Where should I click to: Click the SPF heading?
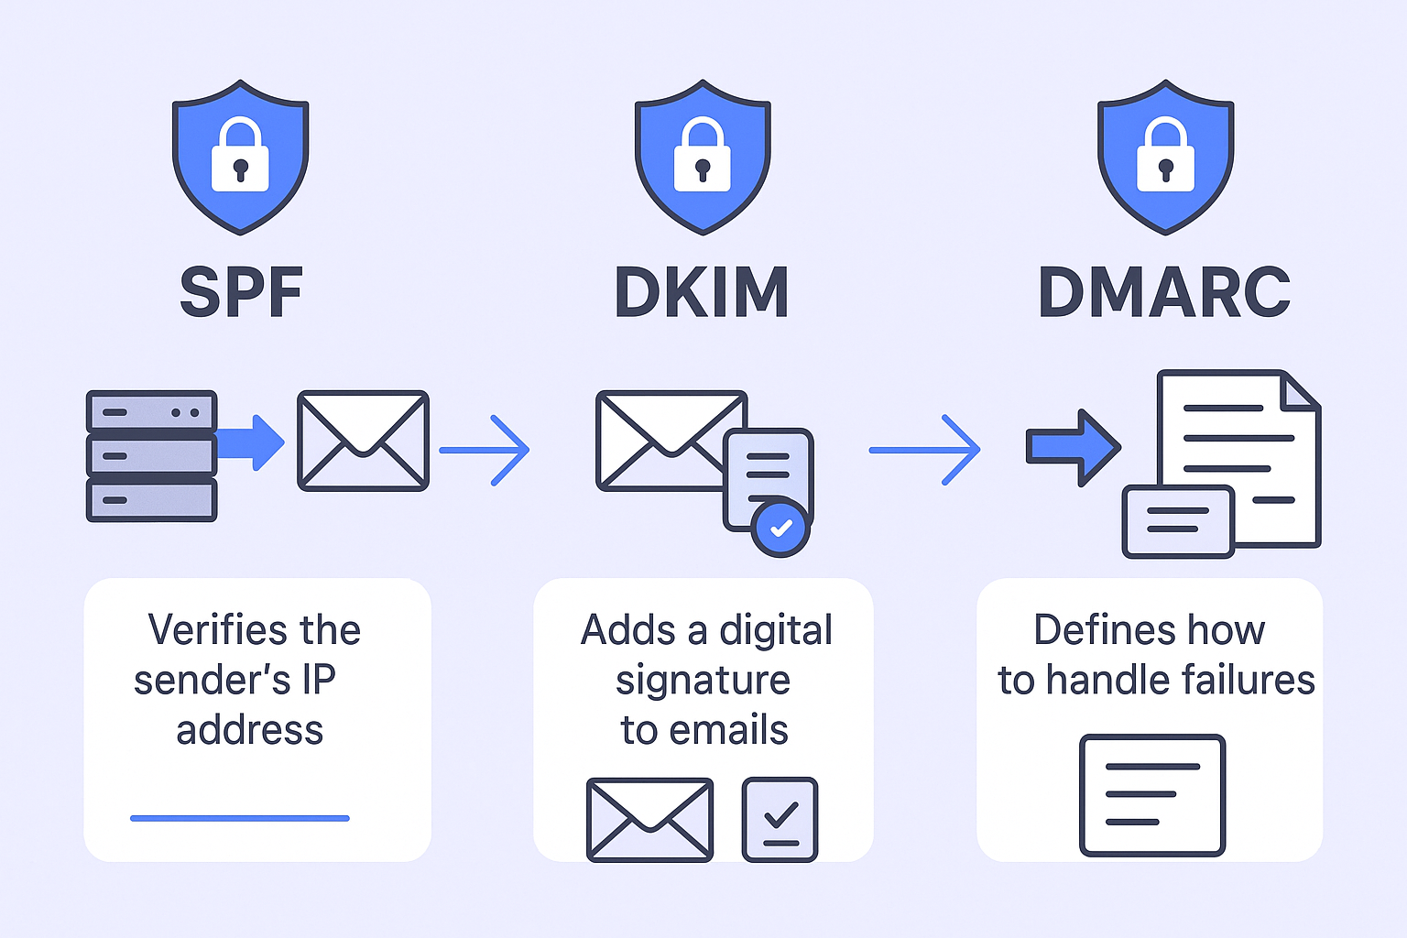point(241,293)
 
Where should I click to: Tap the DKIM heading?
point(702,293)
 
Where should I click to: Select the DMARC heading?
point(1164,293)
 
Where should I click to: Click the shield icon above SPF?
point(241,156)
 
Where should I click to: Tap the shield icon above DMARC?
point(1165,156)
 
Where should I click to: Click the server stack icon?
point(151,455)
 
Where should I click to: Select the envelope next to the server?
point(363,441)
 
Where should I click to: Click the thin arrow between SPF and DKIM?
point(484,450)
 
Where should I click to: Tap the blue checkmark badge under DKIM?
point(780,528)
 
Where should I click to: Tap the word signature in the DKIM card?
point(703,681)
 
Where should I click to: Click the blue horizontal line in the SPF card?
point(240,818)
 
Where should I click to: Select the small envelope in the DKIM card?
point(649,820)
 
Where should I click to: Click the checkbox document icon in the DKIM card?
point(780,820)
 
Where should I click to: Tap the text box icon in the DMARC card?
point(1152,794)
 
